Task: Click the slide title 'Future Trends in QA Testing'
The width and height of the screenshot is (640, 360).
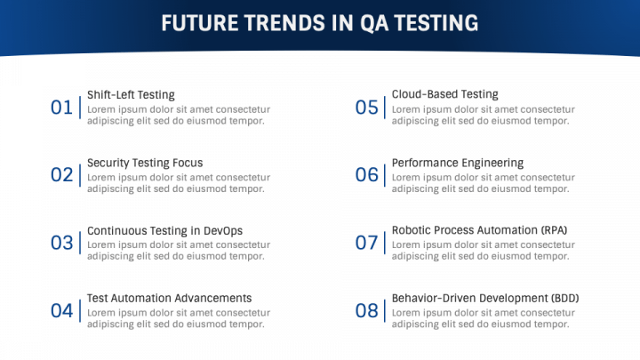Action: click(320, 23)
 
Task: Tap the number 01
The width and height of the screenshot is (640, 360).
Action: click(61, 108)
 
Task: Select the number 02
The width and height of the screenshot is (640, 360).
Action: click(61, 175)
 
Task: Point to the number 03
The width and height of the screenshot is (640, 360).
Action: click(61, 243)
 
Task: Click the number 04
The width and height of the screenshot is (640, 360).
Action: click(61, 310)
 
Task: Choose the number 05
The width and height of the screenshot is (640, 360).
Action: click(366, 108)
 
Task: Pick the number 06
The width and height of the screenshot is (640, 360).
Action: click(366, 175)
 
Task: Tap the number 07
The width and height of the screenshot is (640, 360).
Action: click(366, 243)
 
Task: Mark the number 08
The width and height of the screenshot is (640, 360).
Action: click(366, 310)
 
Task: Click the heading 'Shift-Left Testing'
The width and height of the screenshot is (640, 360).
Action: click(131, 95)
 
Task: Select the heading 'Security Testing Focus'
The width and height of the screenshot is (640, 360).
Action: click(145, 163)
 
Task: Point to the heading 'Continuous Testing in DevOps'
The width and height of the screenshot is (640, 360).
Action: click(164, 231)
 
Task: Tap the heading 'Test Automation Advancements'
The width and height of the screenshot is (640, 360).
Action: click(169, 299)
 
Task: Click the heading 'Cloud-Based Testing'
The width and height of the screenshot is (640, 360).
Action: click(444, 94)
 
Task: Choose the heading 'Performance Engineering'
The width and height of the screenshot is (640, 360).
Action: click(457, 163)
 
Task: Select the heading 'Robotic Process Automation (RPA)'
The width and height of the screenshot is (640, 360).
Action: click(479, 230)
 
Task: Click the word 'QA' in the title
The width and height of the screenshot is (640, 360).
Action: click(374, 23)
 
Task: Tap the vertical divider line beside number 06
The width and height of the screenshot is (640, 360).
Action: click(385, 175)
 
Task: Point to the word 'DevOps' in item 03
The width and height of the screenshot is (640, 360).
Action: click(222, 231)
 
